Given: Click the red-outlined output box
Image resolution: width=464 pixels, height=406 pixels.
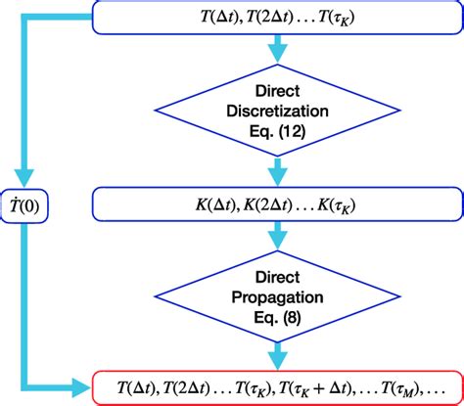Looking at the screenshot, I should click(277, 386).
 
